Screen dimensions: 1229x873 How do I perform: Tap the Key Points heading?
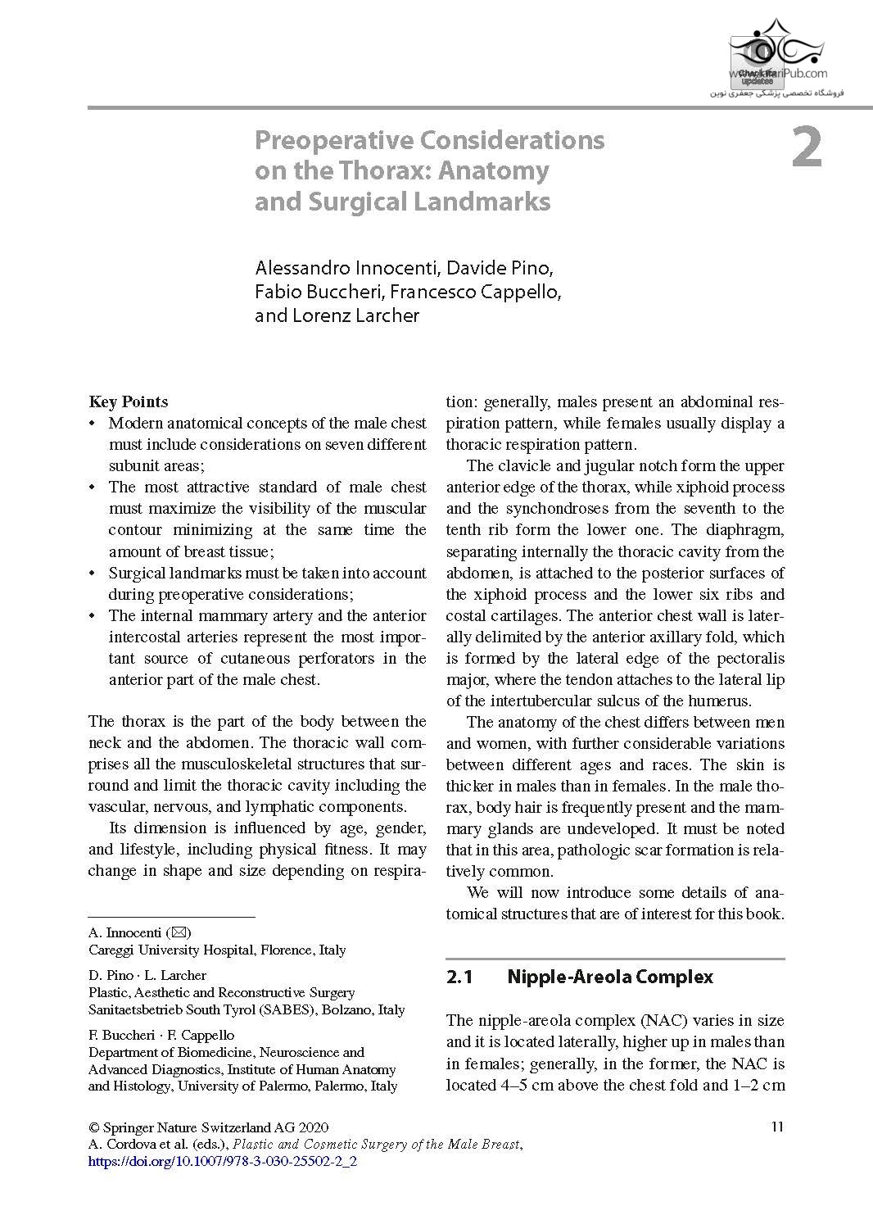(129, 401)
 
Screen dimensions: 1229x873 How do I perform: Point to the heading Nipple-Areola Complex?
(610, 977)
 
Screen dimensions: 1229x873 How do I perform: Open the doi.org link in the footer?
(222, 1161)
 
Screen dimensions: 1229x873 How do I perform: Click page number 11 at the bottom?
(777, 1127)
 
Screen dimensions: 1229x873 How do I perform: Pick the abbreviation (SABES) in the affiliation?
(288, 1009)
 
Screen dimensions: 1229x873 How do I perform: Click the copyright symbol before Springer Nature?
(93, 1127)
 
